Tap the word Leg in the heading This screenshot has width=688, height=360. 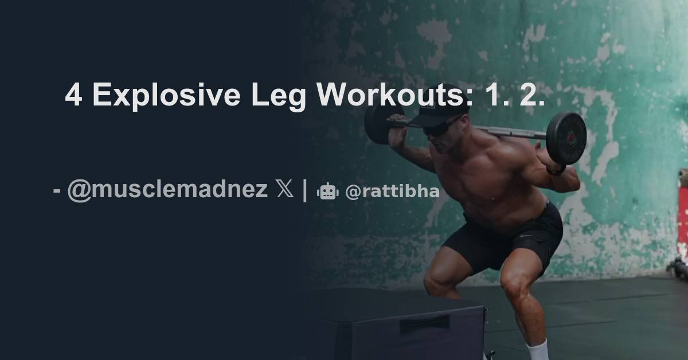click(277, 95)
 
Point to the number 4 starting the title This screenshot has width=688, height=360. click(73, 95)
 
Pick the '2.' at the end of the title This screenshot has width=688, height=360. click(531, 95)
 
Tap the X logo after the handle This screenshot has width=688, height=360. click(285, 189)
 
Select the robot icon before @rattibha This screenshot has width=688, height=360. click(328, 192)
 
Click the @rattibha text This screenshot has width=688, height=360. click(392, 192)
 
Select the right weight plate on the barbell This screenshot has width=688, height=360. click(565, 138)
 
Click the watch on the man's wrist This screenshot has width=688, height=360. click(555, 170)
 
